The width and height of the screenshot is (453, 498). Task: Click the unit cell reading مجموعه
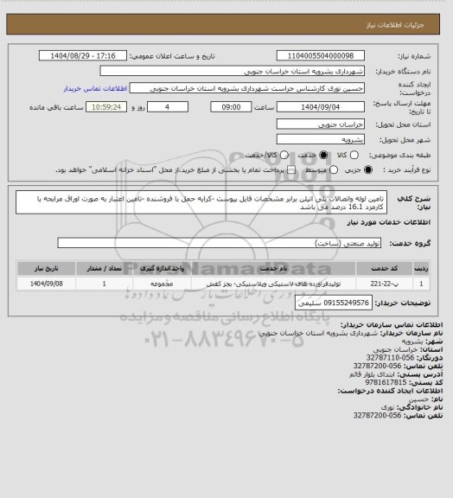[x=156, y=283]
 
